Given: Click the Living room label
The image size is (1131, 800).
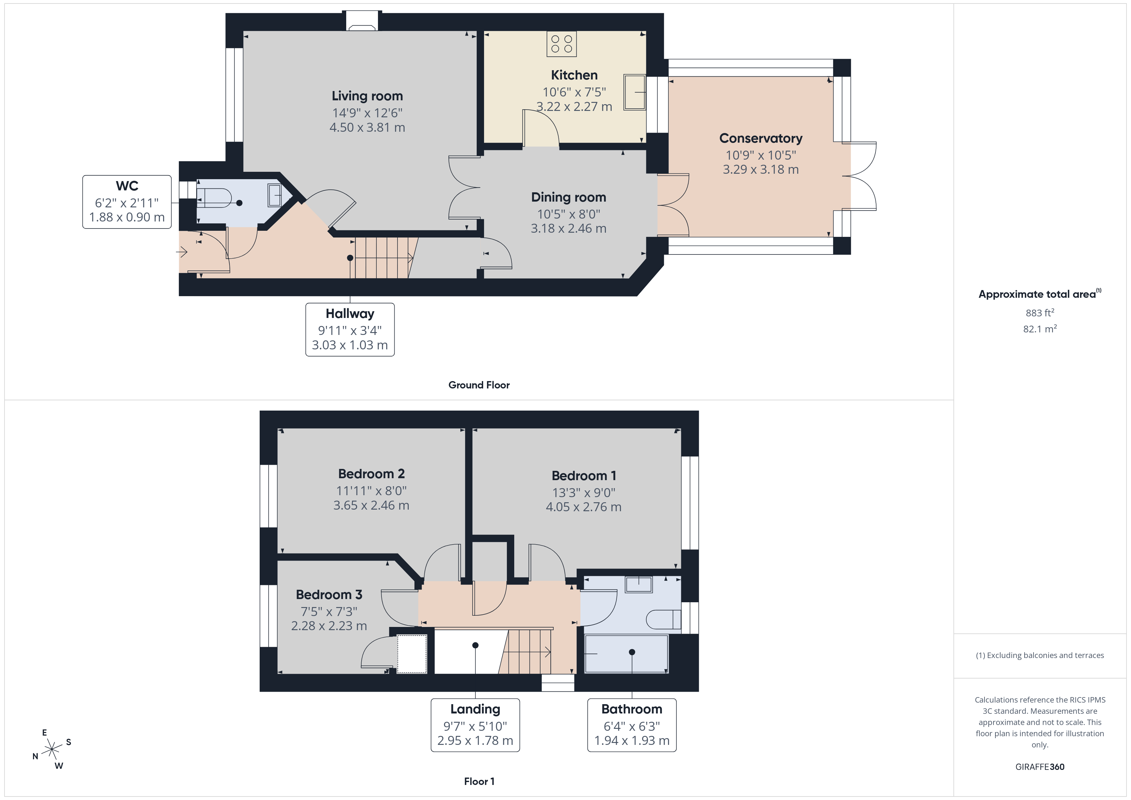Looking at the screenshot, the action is click(367, 96).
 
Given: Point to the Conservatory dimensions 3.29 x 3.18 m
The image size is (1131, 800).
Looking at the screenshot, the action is click(760, 170).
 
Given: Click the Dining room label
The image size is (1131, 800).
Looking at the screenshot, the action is click(568, 197).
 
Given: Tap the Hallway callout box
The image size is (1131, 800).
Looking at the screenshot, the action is click(350, 329).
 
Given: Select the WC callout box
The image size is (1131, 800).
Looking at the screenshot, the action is click(127, 202).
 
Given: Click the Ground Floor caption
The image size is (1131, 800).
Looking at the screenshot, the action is click(479, 385).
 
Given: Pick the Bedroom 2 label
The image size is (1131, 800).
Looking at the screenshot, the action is click(372, 474).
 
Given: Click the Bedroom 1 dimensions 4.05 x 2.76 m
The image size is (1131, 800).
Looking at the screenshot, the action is click(584, 507).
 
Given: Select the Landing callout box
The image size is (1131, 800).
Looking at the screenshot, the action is click(475, 725).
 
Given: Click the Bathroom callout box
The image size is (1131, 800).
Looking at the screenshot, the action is click(632, 725).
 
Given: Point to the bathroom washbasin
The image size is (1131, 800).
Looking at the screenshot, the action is click(639, 584).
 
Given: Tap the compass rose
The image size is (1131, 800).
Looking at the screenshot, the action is click(52, 750).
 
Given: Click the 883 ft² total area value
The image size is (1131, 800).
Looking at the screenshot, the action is click(1040, 313).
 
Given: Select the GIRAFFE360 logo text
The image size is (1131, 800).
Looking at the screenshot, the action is click(1040, 767).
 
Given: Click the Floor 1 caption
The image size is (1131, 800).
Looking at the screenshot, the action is click(479, 781).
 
